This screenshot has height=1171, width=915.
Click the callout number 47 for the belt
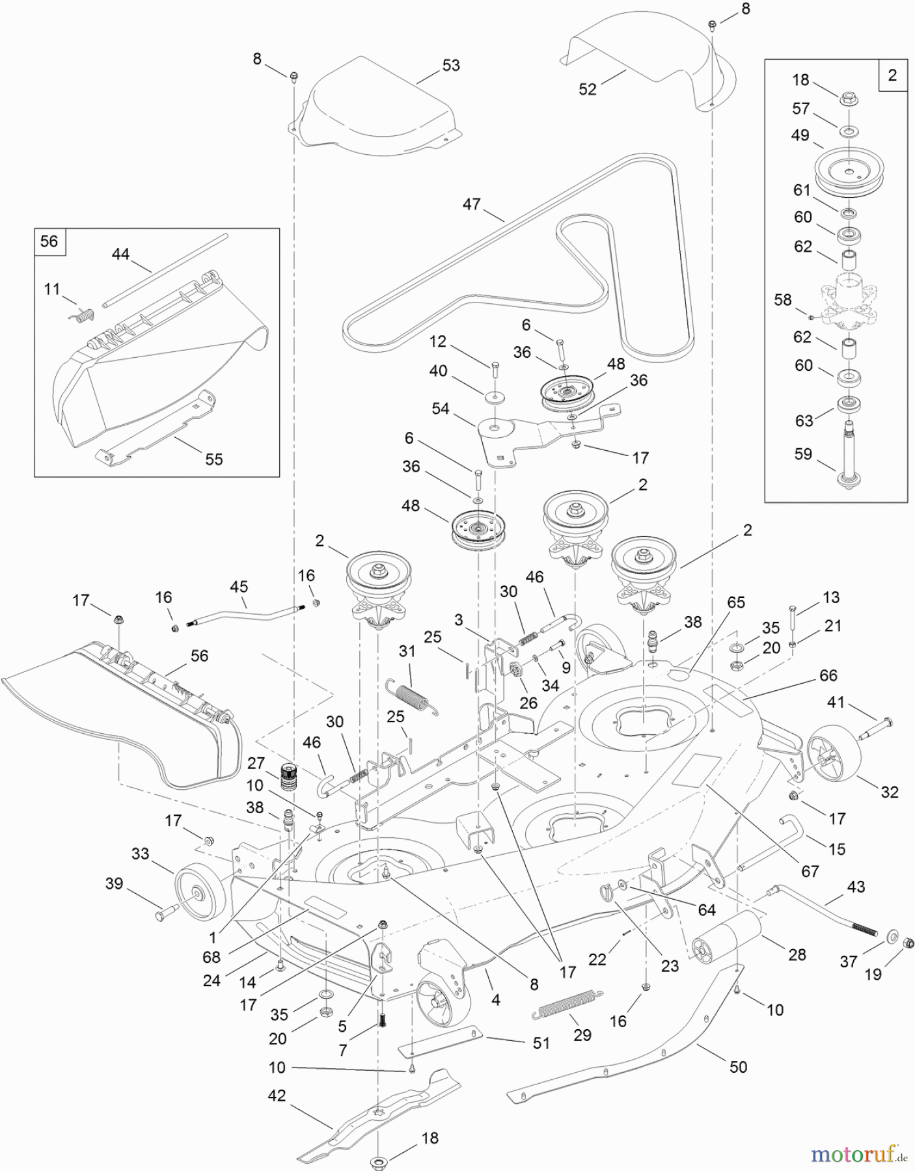[x=471, y=204]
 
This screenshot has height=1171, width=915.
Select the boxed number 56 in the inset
[x=49, y=242]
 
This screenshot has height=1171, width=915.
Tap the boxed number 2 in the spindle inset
[x=892, y=75]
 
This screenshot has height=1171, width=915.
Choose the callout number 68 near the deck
[x=212, y=957]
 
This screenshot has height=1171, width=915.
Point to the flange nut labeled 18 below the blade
[x=378, y=1161]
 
